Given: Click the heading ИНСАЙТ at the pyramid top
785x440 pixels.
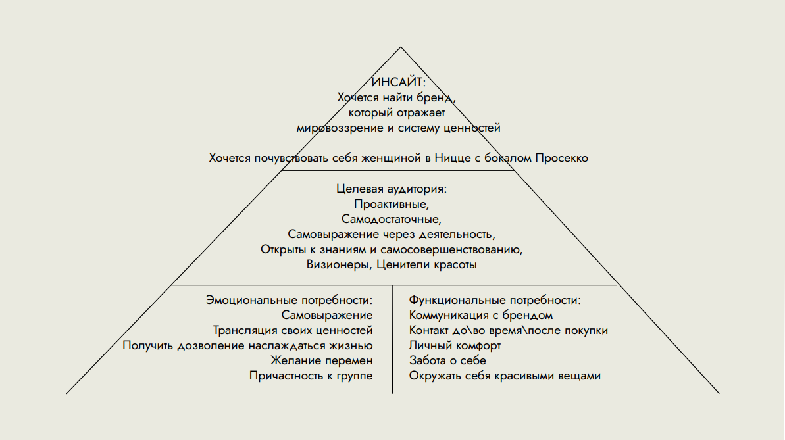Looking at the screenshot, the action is pos(398,82).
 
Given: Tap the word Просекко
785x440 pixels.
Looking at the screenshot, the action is pos(562,158).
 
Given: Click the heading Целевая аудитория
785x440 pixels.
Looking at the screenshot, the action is pos(392,189).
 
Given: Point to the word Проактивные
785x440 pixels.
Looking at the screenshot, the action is pos(392,205).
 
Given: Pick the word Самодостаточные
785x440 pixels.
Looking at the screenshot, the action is pos(392,219).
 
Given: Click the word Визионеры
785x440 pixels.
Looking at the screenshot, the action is pos(339,265).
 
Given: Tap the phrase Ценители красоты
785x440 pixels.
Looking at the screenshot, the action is pos(426,265).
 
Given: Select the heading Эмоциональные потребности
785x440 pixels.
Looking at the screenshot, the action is pos(290,301).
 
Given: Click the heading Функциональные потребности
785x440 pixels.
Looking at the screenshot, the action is pos(495,301).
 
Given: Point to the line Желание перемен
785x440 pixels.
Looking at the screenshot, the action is pos(321,360).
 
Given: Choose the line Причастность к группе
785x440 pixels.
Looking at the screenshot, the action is pos(311,376).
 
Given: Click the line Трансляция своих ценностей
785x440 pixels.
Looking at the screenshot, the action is pos(293,330).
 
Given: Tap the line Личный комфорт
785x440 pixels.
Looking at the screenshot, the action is pos(455,345).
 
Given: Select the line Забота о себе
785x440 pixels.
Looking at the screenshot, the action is pos(447,360).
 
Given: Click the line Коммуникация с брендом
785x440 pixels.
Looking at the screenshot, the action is pos(480,315).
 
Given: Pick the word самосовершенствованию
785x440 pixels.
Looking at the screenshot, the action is pos(451,250).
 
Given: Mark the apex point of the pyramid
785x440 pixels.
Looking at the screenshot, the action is pos(401,47).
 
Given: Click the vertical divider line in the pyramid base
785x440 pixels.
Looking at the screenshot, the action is pos(392,339).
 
